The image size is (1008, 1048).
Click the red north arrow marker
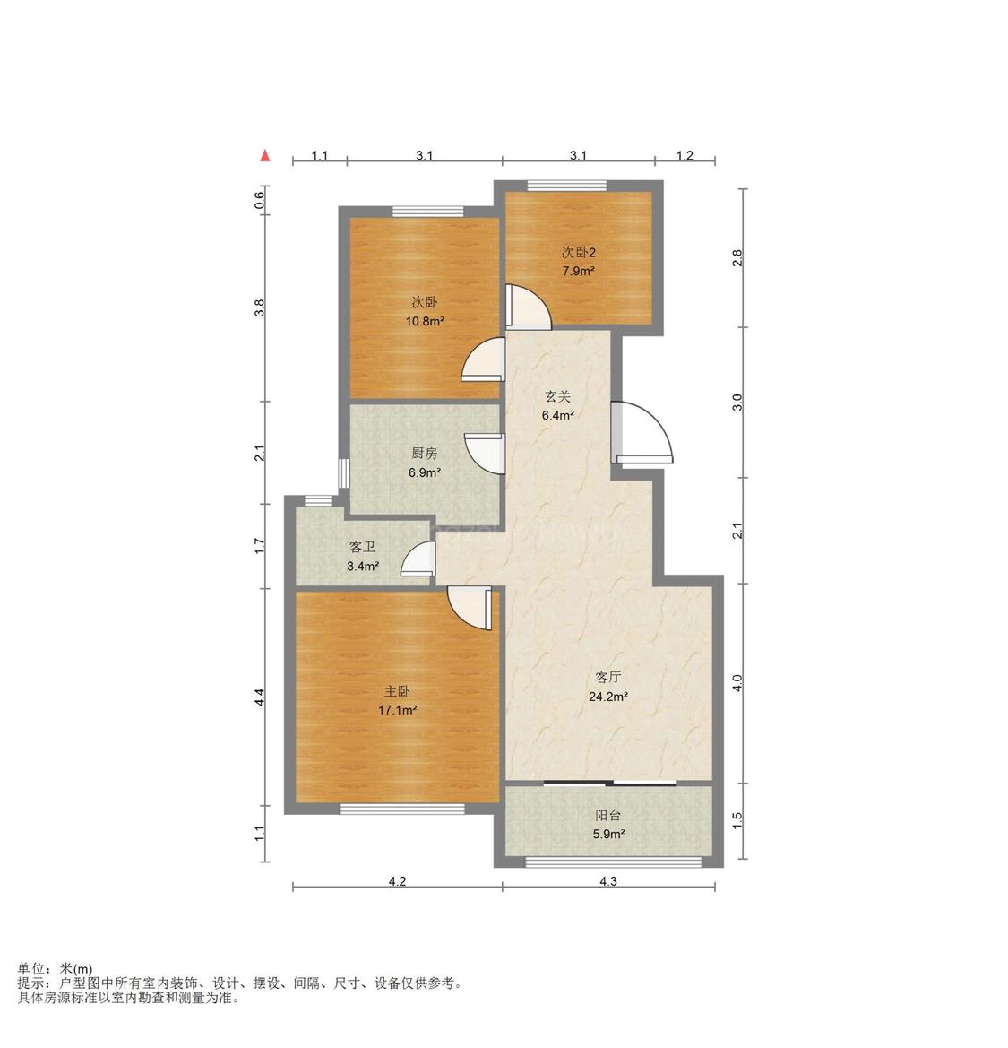coord(265,156)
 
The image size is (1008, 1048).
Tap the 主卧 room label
coord(397,691)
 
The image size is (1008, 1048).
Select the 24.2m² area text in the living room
coord(607,697)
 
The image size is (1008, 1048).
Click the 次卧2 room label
coord(579,252)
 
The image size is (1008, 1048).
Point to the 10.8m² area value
coord(425,321)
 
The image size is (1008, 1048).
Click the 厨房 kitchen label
coord(424,453)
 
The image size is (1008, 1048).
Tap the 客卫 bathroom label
coord(362,548)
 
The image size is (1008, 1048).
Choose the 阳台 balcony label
coord(607,816)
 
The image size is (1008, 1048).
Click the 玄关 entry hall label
coord(558,396)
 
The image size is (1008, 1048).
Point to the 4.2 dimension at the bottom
coord(398,881)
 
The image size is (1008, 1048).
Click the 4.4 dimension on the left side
coord(260,697)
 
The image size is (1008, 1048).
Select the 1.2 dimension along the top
coord(685,156)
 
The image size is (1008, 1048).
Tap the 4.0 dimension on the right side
coord(737,683)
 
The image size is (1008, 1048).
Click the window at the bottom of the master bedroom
coord(402,809)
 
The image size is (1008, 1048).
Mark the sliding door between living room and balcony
coord(610,783)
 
